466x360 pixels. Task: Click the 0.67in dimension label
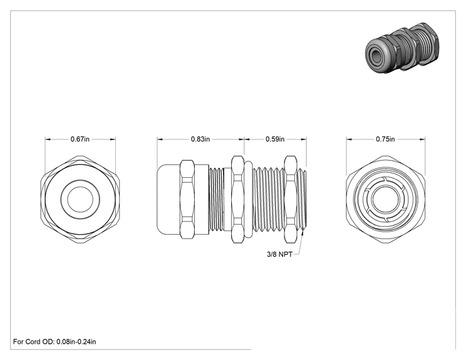80,139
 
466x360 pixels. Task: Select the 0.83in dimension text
200,139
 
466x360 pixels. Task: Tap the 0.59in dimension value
275,139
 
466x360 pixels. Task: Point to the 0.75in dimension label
385,139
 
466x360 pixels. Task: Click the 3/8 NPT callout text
279,254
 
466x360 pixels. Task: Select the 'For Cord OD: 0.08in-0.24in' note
54,342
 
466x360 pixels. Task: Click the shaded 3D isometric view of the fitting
402,48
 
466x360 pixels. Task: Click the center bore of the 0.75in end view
385,199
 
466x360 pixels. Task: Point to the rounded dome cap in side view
168,199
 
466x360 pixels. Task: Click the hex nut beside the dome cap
187,199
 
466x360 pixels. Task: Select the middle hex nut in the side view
238,199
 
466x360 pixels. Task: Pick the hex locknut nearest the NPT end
291,199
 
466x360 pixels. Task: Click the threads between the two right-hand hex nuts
268,199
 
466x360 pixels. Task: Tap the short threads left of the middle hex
216,199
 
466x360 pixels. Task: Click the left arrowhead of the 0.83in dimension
160,139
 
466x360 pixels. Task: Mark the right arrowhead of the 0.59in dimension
303,139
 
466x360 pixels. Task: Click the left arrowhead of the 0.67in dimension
48,139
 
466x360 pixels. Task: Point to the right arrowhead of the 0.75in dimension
422,139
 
